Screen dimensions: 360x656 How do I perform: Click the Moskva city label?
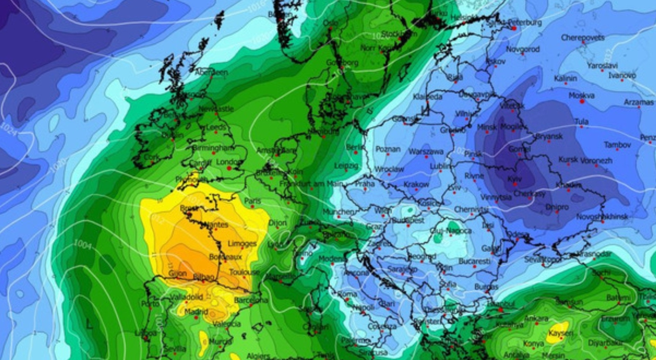pyautogui.click(x=581, y=95)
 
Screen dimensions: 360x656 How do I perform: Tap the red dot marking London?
pyautogui.click(x=229, y=168)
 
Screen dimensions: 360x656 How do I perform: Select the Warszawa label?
pyautogui.click(x=426, y=152)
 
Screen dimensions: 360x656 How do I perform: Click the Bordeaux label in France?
pyautogui.click(x=225, y=256)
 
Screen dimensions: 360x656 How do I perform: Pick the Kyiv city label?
pyautogui.click(x=514, y=179)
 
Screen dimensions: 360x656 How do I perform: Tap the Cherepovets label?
pyautogui.click(x=583, y=37)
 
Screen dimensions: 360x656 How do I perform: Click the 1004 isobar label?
pyautogui.click(x=83, y=244)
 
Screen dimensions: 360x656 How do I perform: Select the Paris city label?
pyautogui.click(x=253, y=201)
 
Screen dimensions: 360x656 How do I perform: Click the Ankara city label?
pyautogui.click(x=536, y=318)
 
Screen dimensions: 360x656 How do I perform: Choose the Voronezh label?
pyautogui.click(x=597, y=160)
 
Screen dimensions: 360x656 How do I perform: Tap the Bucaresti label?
pyautogui.click(x=475, y=261)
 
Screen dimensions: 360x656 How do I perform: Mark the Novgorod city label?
pyautogui.click(x=523, y=49)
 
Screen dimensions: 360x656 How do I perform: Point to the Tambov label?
pyautogui.click(x=617, y=145)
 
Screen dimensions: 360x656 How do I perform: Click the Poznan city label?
pyautogui.click(x=387, y=149)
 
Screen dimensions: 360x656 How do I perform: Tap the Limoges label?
pyautogui.click(x=242, y=244)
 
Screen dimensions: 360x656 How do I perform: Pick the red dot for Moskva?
pyautogui.click(x=582, y=102)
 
